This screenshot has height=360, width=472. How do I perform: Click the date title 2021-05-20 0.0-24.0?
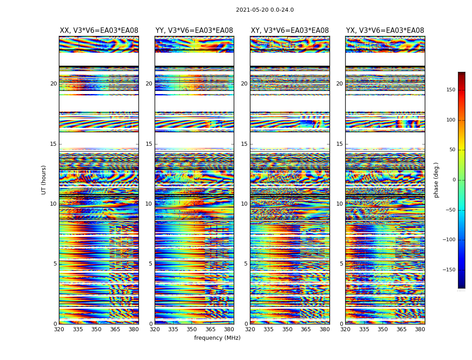265,10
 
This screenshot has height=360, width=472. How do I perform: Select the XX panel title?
99,31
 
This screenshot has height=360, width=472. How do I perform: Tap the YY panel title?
194,31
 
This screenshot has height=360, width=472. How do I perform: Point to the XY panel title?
289,31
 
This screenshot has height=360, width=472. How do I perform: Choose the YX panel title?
385,31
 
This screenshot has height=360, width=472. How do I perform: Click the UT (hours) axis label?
44,180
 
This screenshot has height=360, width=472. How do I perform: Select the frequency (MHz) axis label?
217,338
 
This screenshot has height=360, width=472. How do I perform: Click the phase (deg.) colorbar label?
436,180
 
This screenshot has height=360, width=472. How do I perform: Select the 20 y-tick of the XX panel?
53,84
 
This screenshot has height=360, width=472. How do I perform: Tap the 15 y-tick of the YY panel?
149,144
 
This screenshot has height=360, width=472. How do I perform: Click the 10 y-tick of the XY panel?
244,204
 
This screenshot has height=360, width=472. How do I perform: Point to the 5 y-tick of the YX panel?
341,264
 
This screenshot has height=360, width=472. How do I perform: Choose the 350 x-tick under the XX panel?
96,329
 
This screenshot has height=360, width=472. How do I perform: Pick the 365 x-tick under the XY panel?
306,329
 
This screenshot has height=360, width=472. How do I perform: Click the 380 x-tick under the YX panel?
420,329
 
